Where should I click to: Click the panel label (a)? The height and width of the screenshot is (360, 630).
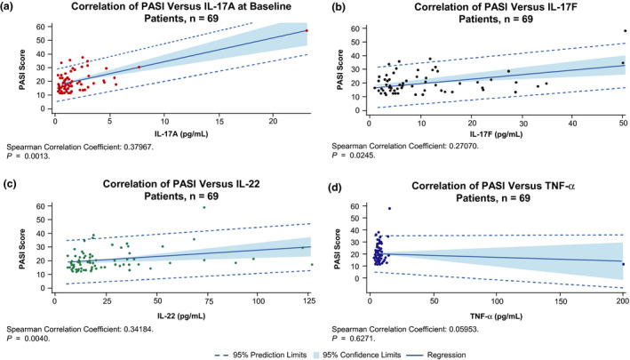coord(11,8)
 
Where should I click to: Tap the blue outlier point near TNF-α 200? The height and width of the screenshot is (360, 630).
coord(623,314)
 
